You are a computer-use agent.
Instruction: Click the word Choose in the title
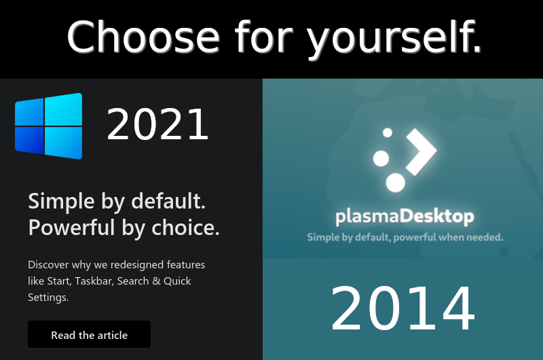143,37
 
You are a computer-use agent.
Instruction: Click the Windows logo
48,126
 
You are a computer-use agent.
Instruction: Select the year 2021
157,124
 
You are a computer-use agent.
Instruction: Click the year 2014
402,308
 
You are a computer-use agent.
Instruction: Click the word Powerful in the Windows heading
67,228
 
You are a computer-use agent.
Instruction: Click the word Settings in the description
48,298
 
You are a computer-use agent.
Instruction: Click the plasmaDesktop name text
405,217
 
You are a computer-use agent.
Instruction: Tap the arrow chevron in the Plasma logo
422,151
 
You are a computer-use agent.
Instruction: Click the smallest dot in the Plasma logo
387,132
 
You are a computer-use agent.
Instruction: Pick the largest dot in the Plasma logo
396,182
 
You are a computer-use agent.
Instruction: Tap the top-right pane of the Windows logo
64,109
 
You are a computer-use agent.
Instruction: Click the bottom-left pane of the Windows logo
29,140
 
